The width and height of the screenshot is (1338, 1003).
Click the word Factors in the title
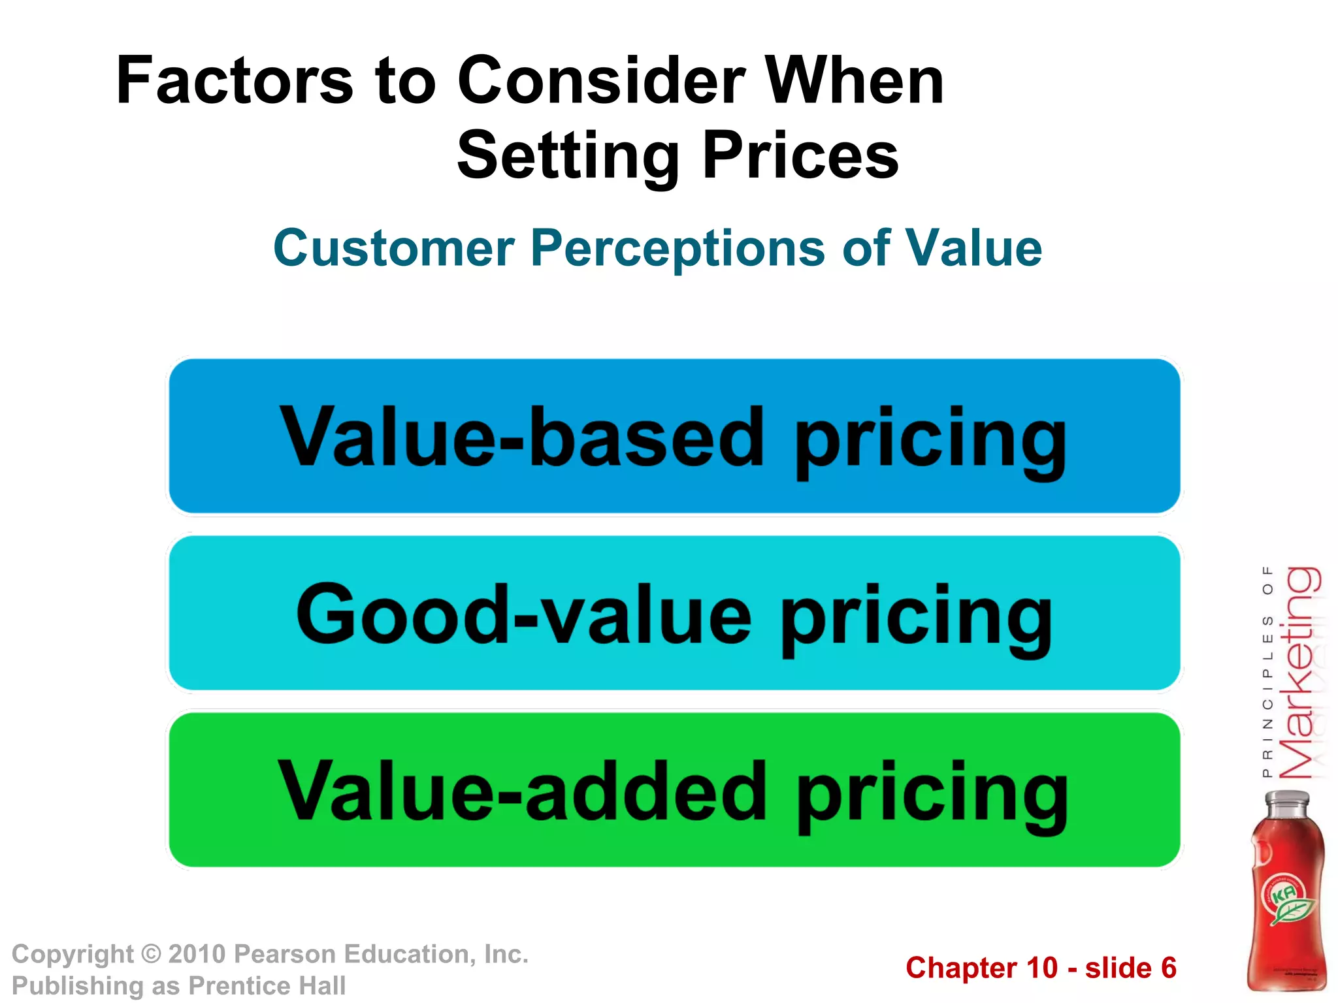[x=234, y=80]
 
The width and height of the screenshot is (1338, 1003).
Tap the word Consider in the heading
[x=601, y=80]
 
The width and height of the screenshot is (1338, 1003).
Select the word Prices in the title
[x=801, y=155]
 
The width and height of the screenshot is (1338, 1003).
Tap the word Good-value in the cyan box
[x=523, y=614]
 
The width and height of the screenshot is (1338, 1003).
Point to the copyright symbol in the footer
[x=151, y=954]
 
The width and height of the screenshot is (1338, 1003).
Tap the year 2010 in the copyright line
[x=197, y=954]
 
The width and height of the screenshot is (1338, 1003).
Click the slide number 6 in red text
[x=1168, y=968]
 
